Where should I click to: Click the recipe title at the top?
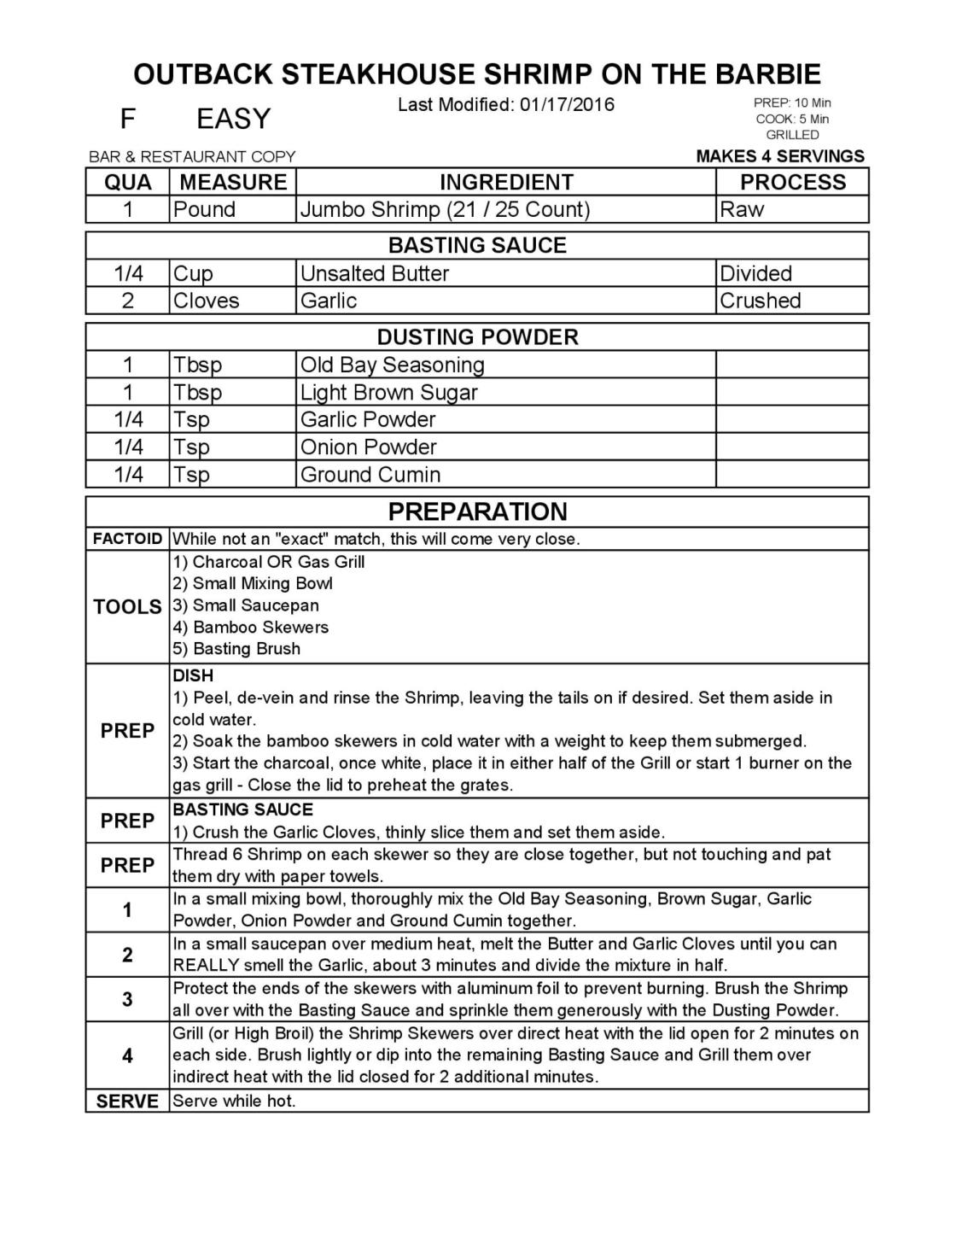coord(477,74)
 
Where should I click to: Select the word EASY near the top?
coord(233,119)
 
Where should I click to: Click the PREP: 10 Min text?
coord(792,102)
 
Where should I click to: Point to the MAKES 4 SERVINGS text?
coord(780,156)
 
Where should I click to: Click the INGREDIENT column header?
coord(506,182)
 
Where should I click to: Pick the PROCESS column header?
coord(792,182)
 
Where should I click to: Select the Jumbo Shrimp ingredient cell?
coord(445,209)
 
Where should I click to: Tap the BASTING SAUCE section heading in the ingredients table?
coord(477,246)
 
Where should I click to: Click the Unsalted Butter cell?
coord(375,273)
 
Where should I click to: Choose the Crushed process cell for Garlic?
coord(761,301)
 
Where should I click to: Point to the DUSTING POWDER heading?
coord(477,336)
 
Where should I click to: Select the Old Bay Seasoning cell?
coord(393,365)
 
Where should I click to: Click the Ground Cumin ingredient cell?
coord(370,474)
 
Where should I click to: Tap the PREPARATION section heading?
coord(477,511)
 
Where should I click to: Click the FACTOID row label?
coord(127,539)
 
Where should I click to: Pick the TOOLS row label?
coord(127,606)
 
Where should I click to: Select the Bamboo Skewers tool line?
coord(251,627)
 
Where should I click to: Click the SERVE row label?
coord(127,1102)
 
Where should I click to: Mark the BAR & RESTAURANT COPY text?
coord(192,157)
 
